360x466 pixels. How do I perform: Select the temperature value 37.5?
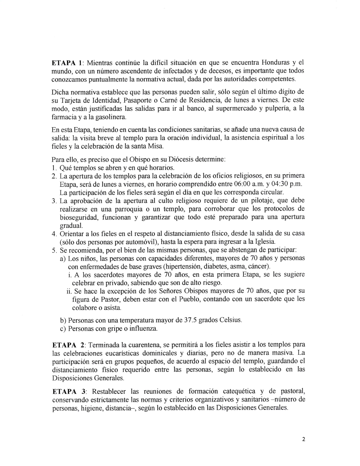[188, 321]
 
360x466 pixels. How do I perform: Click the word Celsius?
[230, 321]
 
